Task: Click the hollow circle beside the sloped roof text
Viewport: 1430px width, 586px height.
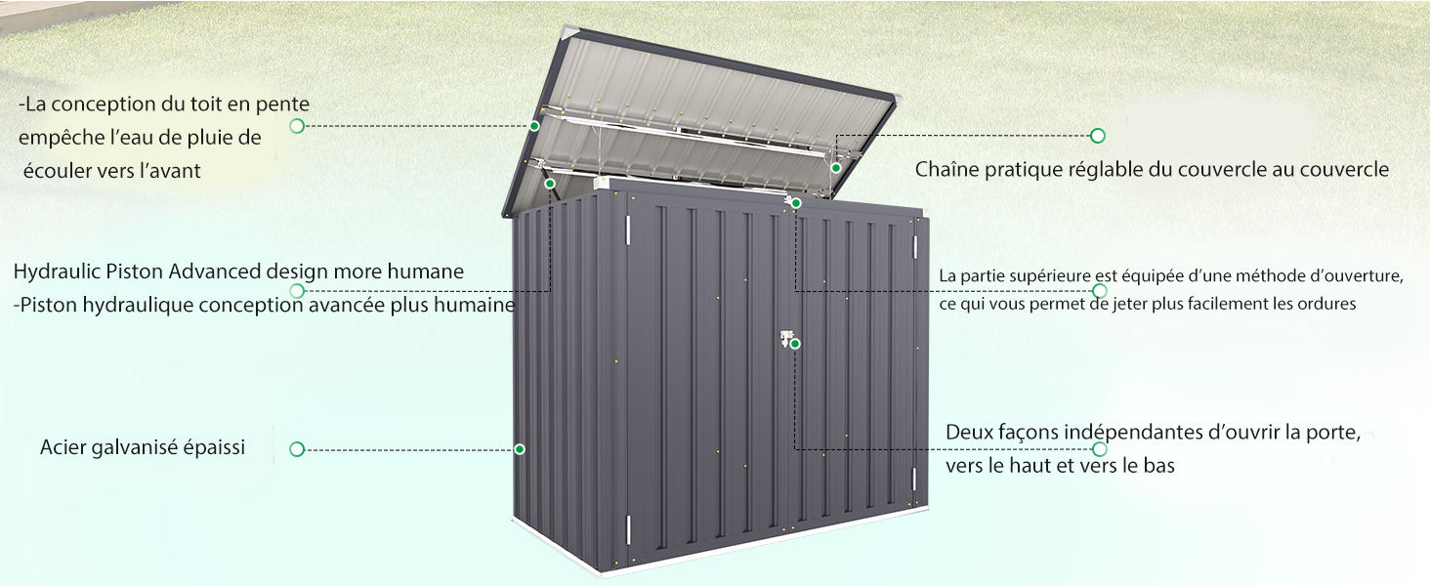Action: click(297, 126)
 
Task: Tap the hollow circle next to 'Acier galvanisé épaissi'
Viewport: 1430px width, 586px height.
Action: click(297, 449)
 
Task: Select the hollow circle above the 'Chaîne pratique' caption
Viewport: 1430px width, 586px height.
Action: click(1097, 136)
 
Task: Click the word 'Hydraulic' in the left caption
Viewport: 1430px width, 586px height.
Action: click(57, 272)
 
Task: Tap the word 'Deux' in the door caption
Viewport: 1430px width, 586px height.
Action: click(967, 432)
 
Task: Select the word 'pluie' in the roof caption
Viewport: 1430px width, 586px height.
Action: click(209, 139)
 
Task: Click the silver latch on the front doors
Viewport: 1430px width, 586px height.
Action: click(786, 338)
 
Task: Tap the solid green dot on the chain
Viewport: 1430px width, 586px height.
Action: click(836, 169)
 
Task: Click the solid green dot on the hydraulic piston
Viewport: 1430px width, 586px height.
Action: click(550, 184)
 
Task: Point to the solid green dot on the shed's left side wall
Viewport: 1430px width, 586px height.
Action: click(520, 449)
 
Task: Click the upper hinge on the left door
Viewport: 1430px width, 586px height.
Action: click(628, 230)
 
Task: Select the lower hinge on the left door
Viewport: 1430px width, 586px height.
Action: click(628, 529)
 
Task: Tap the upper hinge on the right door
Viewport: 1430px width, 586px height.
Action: click(914, 247)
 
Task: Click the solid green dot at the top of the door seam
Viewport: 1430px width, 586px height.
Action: click(795, 203)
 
